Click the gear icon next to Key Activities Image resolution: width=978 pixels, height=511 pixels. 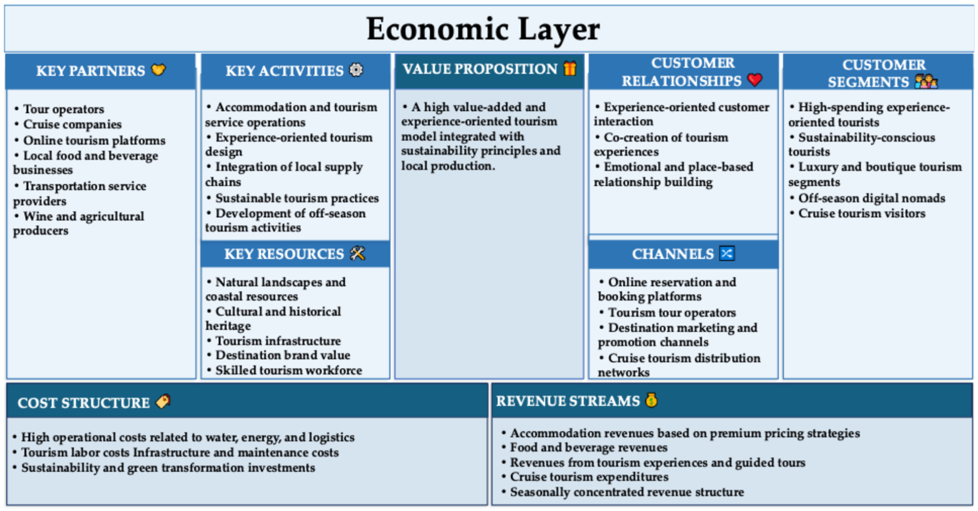tap(356, 70)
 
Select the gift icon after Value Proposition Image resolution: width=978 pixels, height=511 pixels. tap(570, 68)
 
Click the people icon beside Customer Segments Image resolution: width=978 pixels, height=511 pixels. tap(926, 81)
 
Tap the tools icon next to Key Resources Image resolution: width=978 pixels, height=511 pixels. tap(357, 253)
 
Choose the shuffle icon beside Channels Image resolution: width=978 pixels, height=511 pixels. tap(727, 253)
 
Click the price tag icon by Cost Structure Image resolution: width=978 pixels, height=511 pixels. tap(163, 401)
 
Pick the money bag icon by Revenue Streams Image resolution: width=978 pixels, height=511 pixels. tap(651, 400)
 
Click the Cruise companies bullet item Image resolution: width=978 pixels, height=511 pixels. tap(68, 124)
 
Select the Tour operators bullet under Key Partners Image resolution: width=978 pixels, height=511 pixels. tap(59, 109)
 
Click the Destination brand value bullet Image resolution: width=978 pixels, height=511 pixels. tap(278, 355)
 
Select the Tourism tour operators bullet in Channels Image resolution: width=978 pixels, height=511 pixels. tap(667, 313)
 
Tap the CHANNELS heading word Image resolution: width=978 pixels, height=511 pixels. tap(673, 254)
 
